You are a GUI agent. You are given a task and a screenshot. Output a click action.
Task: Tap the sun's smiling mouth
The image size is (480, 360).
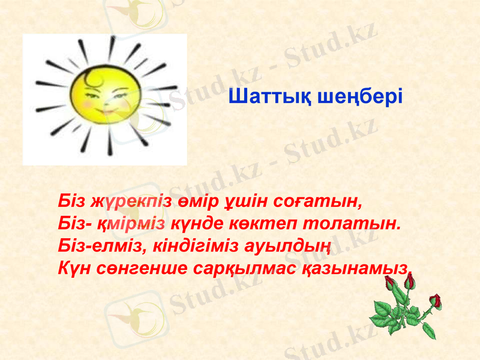pyautogui.click(x=106, y=111)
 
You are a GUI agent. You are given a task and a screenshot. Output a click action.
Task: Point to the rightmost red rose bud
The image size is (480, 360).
pyautogui.click(x=436, y=301)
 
